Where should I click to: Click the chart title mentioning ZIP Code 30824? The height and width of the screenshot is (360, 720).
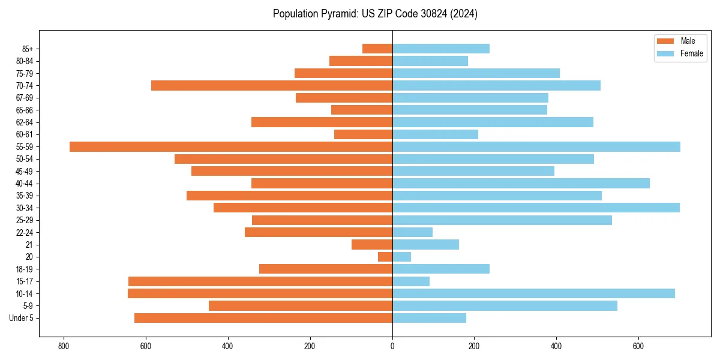pyautogui.click(x=375, y=14)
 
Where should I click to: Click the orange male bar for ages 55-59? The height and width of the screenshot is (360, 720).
pyautogui.click(x=231, y=147)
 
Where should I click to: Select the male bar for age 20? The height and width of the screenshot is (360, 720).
pyautogui.click(x=385, y=257)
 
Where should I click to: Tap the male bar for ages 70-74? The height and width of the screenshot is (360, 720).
pyautogui.click(x=272, y=86)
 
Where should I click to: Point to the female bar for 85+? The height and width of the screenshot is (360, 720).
pyautogui.click(x=441, y=49)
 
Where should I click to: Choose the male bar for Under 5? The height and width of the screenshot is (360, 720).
pyautogui.click(x=263, y=318)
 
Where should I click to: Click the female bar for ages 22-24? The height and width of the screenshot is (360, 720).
pyautogui.click(x=412, y=232)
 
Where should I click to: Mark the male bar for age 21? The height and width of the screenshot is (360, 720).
pyautogui.click(x=372, y=245)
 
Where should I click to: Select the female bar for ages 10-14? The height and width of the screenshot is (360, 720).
pyautogui.click(x=533, y=293)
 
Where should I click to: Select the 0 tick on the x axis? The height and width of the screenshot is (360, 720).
pyautogui.click(x=392, y=346)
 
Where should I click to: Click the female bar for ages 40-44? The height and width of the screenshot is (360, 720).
pyautogui.click(x=521, y=184)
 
